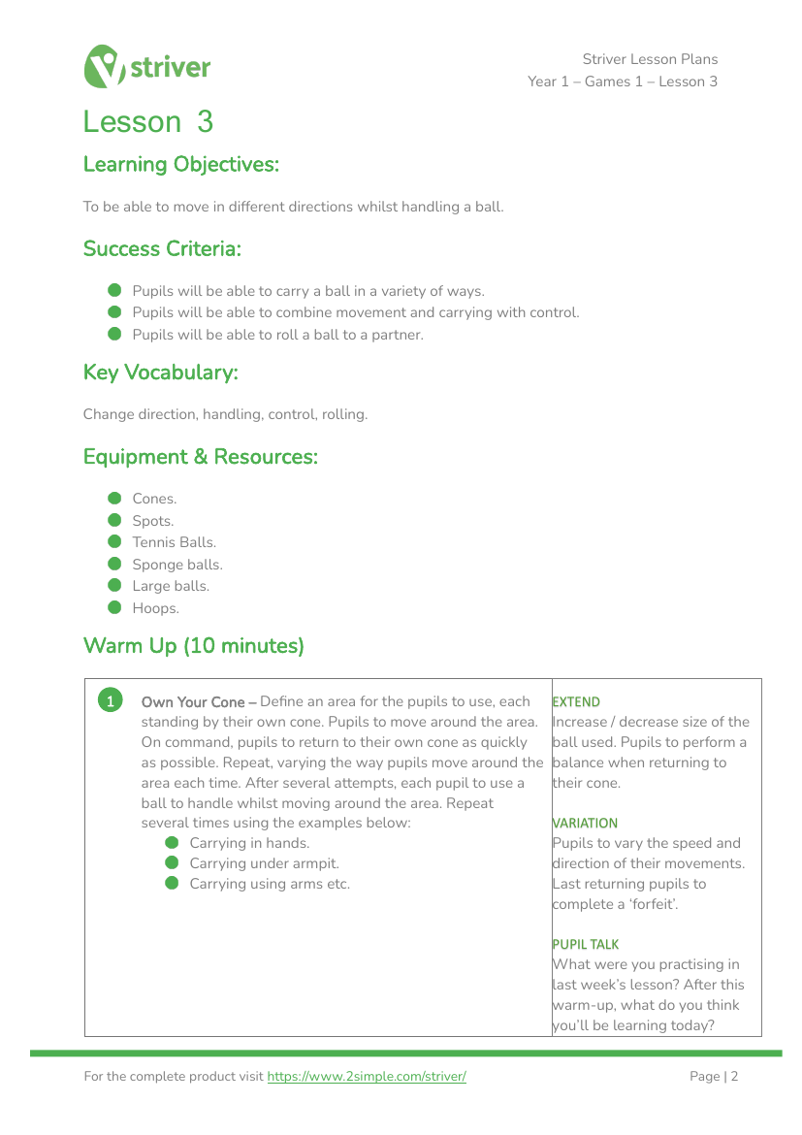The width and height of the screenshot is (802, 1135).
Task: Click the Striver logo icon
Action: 105,66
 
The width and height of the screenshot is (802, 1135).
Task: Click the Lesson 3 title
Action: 147,122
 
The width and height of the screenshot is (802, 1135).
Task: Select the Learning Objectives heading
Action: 180,165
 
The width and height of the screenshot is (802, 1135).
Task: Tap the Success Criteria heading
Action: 162,249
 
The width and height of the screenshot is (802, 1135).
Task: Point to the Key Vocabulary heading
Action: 160,373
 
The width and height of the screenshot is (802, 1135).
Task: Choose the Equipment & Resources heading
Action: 200,457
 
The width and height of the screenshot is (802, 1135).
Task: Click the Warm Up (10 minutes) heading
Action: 193,646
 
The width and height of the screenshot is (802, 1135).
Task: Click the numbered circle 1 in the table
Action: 112,700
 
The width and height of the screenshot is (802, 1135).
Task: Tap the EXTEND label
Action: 576,701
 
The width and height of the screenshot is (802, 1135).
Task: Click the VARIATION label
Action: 585,823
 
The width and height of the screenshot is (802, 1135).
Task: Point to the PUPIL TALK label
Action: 586,944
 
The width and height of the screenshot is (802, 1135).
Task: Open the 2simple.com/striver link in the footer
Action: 367,1077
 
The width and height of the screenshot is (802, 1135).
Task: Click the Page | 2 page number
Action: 714,1077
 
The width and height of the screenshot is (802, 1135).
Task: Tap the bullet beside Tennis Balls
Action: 114,542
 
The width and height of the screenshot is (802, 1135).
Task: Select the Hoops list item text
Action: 155,608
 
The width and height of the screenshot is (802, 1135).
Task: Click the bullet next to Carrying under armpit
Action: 173,863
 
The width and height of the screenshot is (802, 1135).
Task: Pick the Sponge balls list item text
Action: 177,565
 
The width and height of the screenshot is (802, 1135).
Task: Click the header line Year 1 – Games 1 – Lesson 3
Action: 623,81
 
